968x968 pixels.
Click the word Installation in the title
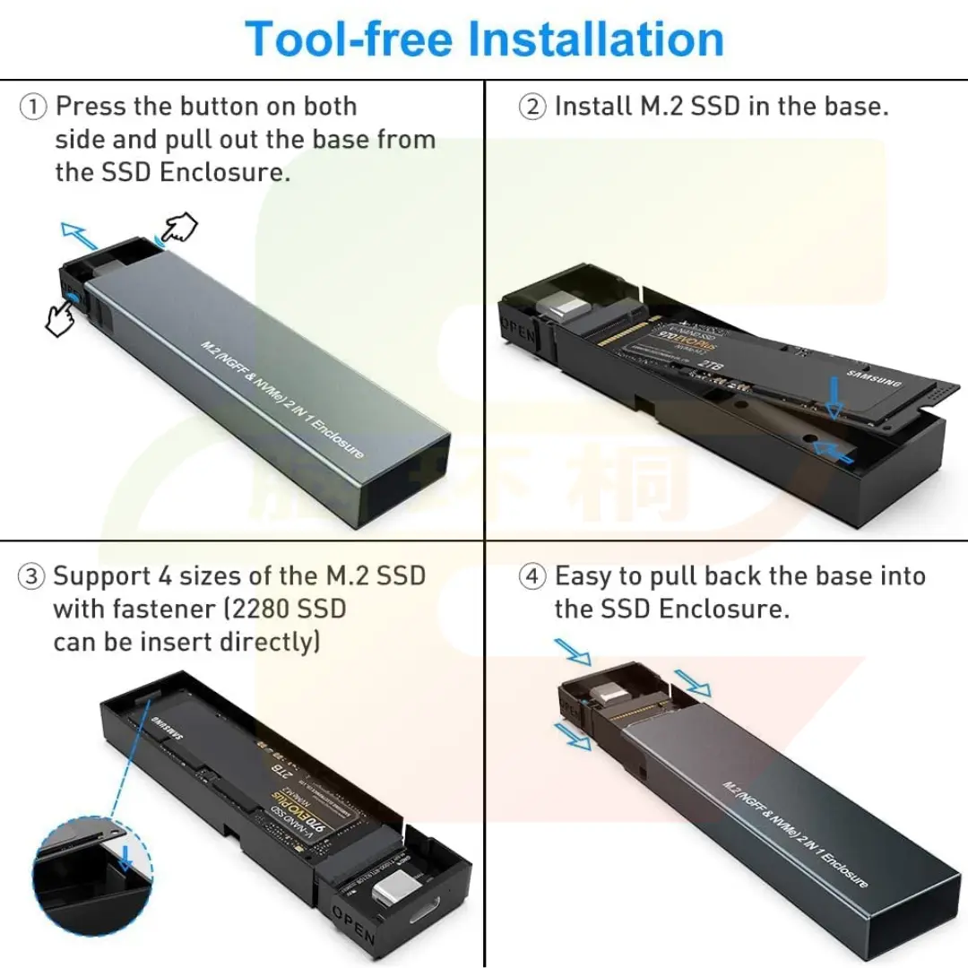coord(597,40)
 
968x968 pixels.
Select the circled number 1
coord(33,108)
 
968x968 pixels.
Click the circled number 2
coord(532,108)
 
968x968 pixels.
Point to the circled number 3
coord(32,577)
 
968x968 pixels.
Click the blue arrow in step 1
coord(79,236)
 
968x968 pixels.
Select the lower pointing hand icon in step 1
coord(61,316)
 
